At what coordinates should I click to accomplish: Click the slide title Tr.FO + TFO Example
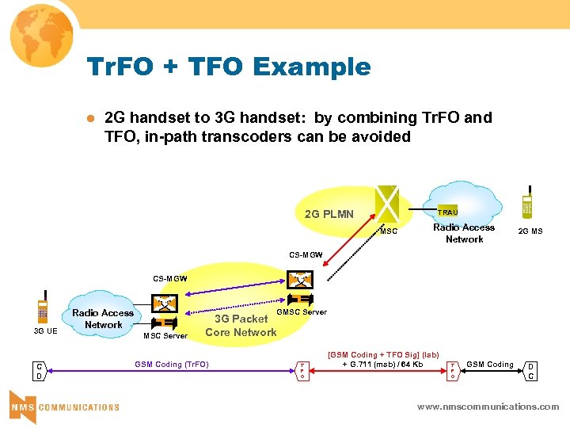230,67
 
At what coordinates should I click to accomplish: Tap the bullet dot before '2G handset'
89,118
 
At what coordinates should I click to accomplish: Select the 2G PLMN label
329,214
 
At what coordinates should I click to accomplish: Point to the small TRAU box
447,212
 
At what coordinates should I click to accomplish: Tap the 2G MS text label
530,232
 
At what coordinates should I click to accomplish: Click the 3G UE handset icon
44,311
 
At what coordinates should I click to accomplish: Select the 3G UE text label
44,331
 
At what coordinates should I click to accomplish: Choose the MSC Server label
165,336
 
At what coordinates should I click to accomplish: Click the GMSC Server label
301,311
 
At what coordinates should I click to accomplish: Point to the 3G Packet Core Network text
241,326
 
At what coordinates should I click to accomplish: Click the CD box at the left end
39,371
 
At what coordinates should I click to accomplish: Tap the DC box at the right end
531,370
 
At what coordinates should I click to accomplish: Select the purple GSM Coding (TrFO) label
171,365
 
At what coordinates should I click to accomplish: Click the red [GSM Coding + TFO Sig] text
383,354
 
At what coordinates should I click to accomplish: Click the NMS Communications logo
63,405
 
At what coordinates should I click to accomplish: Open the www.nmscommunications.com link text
488,407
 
